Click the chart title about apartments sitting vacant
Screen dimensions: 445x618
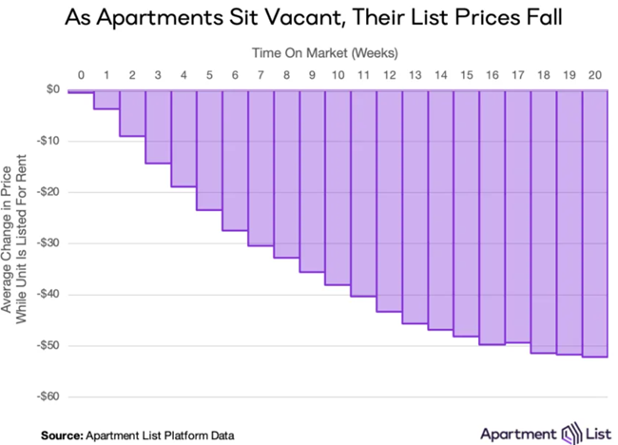coord(309,18)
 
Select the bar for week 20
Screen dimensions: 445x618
coord(594,223)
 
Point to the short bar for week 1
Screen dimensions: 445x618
coord(106,100)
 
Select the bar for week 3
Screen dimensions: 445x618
coord(158,127)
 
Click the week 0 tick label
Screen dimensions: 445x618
coord(81,73)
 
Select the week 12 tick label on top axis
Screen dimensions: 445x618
coord(389,73)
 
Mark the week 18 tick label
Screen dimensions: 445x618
coord(543,73)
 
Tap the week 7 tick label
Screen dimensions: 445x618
coord(261,73)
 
